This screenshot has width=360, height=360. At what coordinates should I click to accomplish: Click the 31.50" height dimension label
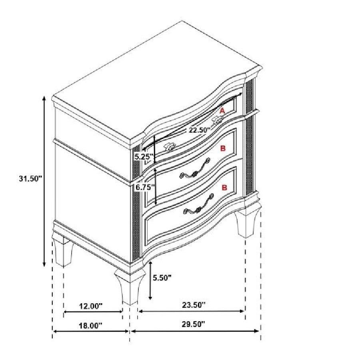30,178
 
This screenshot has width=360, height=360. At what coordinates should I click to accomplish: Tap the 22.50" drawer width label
200,130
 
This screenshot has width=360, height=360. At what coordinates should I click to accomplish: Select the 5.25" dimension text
144,157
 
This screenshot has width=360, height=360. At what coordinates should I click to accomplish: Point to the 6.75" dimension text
144,187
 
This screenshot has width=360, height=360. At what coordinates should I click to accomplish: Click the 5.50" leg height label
162,278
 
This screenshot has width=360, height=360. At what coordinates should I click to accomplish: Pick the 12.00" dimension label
90,306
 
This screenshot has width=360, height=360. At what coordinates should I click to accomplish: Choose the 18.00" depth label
90,325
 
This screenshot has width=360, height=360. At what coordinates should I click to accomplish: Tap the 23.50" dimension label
194,305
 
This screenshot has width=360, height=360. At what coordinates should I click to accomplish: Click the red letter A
222,111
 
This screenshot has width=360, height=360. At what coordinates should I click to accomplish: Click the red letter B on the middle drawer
223,148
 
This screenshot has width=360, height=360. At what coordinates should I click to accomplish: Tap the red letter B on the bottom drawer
224,188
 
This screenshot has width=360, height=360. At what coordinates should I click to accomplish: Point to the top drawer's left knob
170,147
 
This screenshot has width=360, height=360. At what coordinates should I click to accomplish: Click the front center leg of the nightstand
130,287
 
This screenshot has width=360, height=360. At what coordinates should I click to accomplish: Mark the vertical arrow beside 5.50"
150,280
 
